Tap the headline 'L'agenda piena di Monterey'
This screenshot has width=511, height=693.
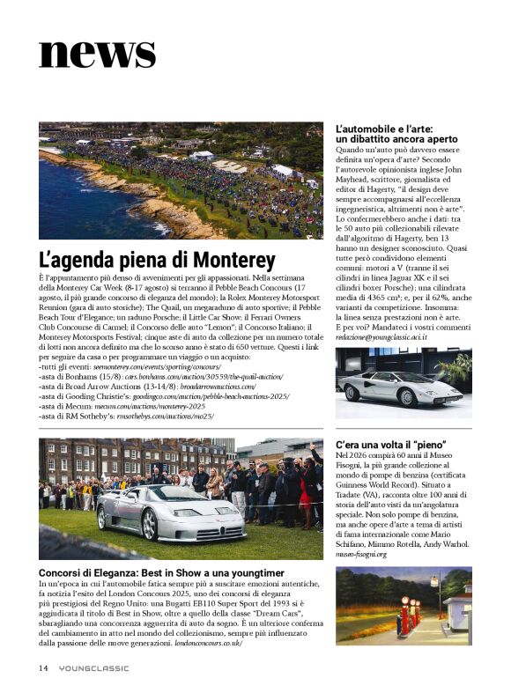157,261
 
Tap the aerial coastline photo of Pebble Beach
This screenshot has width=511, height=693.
181,181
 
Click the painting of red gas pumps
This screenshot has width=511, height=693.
403,605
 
